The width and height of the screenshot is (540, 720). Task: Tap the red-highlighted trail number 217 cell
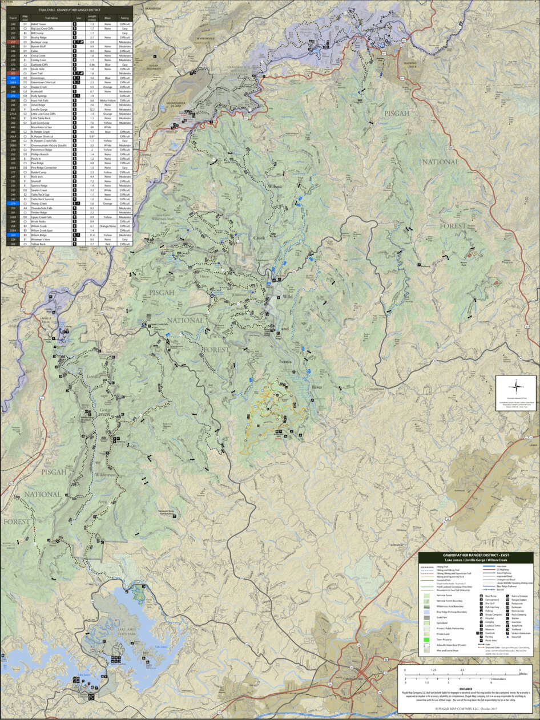tap(13, 42)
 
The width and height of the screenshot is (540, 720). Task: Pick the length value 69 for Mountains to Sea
tap(92, 127)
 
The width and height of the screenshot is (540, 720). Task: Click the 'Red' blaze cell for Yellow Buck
tap(107, 244)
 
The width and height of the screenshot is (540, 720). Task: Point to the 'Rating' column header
tap(124, 18)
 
